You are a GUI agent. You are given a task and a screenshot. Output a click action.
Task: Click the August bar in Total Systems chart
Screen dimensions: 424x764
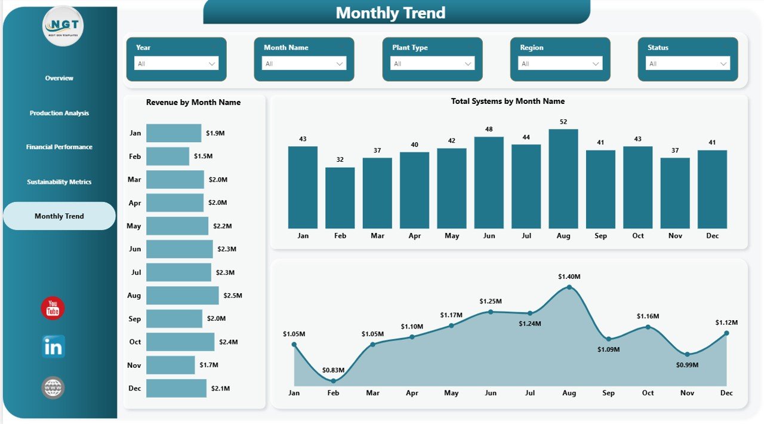[x=563, y=179]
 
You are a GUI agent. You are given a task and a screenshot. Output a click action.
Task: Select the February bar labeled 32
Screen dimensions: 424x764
[x=340, y=198]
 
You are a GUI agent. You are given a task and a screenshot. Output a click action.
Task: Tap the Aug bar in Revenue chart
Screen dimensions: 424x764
[x=182, y=296]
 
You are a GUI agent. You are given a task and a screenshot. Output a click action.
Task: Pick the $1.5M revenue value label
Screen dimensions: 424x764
[x=203, y=156]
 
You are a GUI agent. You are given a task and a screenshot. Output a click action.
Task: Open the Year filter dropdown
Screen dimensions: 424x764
[x=176, y=63]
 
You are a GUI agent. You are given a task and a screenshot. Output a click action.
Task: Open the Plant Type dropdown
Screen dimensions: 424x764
[x=432, y=63]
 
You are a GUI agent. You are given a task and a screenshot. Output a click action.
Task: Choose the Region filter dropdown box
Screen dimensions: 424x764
[x=560, y=63]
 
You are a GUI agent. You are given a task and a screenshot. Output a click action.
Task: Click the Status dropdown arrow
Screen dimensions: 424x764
[x=723, y=63]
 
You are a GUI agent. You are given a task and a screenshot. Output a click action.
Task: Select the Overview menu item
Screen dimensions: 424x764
[x=59, y=78]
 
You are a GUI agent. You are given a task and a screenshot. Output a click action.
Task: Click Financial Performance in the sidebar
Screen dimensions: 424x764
[x=59, y=147]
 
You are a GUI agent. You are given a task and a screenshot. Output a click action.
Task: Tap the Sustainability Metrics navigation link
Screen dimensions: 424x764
[x=59, y=182]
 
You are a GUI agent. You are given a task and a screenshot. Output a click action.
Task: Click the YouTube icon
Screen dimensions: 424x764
[x=53, y=309]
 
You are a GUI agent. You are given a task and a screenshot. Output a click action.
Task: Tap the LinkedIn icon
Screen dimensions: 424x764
[x=53, y=347]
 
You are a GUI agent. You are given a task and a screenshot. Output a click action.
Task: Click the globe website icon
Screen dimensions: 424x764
[x=53, y=388]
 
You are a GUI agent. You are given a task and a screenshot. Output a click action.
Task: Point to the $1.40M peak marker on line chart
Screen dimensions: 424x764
[x=569, y=287]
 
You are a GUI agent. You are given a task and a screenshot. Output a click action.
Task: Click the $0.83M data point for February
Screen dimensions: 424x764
[x=333, y=380]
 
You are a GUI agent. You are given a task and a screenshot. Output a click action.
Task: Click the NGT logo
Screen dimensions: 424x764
[x=63, y=26]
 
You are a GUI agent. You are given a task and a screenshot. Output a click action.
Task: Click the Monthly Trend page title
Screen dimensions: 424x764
[x=390, y=13]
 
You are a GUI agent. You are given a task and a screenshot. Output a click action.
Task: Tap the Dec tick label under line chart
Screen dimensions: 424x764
[x=726, y=393]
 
